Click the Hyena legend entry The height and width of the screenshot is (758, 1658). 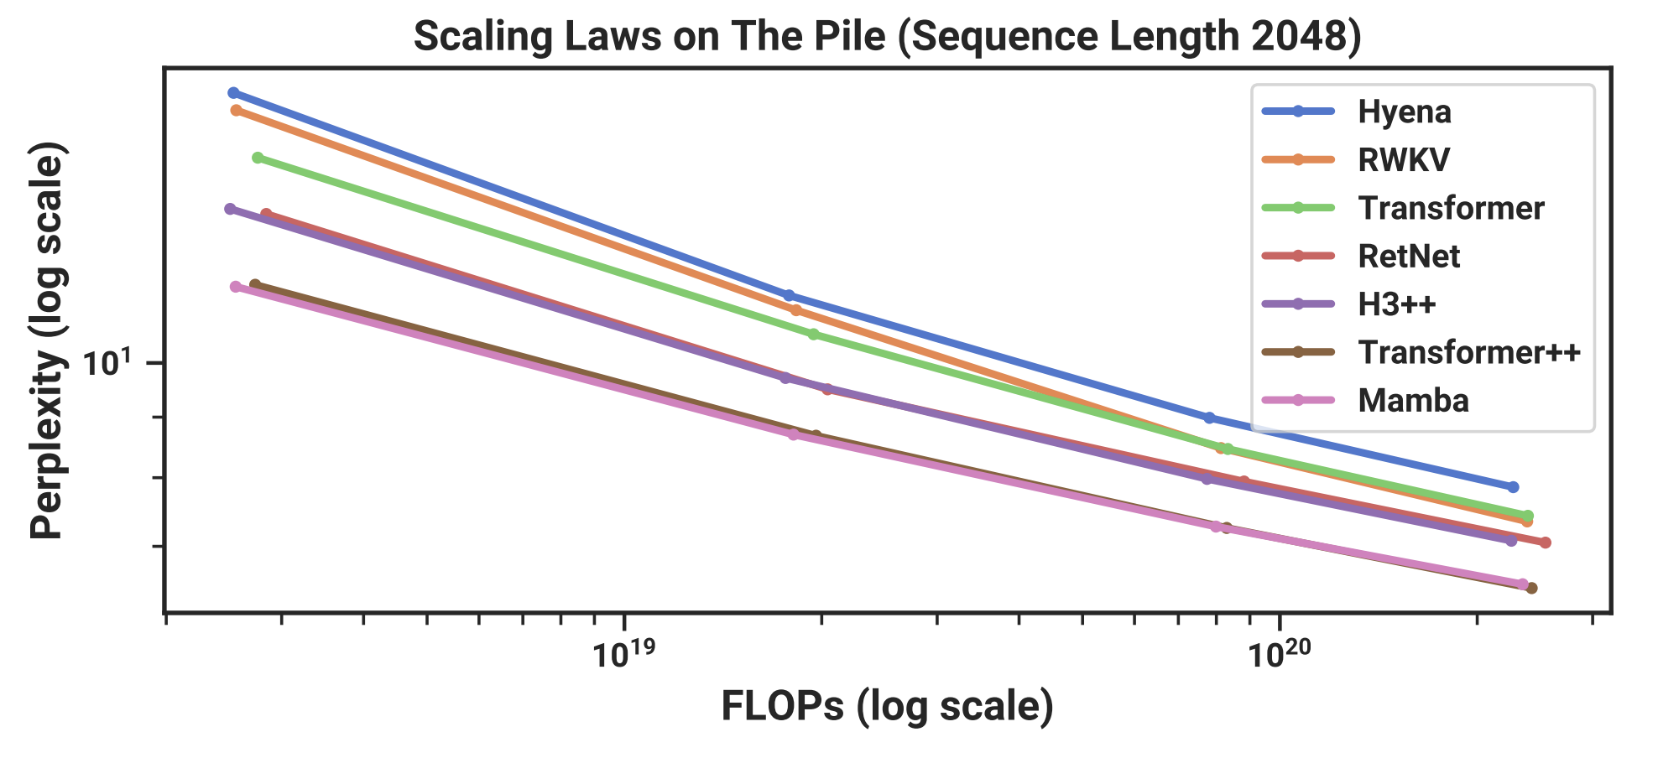(x=1404, y=112)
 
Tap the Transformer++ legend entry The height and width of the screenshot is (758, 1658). (x=1468, y=352)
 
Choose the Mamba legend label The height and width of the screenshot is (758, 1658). (x=1413, y=400)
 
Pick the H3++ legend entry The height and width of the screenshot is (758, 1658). (x=1397, y=304)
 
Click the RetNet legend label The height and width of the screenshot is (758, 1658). (x=1409, y=256)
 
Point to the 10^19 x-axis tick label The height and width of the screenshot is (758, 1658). (x=622, y=655)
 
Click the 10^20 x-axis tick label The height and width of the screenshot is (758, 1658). (x=1278, y=655)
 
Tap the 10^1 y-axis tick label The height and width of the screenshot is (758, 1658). (x=108, y=364)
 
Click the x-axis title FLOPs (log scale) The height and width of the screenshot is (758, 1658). (x=887, y=706)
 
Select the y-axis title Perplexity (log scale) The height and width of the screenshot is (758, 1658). (x=47, y=341)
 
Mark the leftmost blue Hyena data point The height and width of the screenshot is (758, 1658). (x=233, y=93)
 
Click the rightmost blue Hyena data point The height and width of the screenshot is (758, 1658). (x=1513, y=487)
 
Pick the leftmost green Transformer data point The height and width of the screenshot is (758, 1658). (x=258, y=158)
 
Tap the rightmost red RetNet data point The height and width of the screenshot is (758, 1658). (x=1546, y=543)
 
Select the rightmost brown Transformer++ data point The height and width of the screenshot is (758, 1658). (x=1531, y=588)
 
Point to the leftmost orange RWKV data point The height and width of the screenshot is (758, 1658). (x=236, y=110)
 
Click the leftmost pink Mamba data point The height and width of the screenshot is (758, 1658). (x=236, y=287)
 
